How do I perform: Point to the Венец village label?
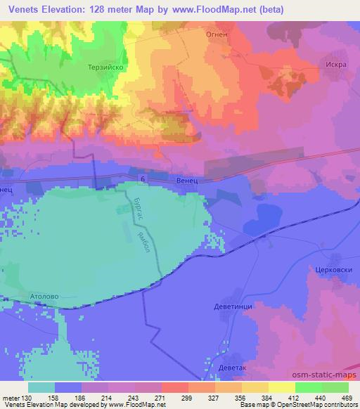pyautogui.click(x=186, y=181)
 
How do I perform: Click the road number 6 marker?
pyautogui.click(x=143, y=181)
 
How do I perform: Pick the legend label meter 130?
pyautogui.click(x=17, y=396)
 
